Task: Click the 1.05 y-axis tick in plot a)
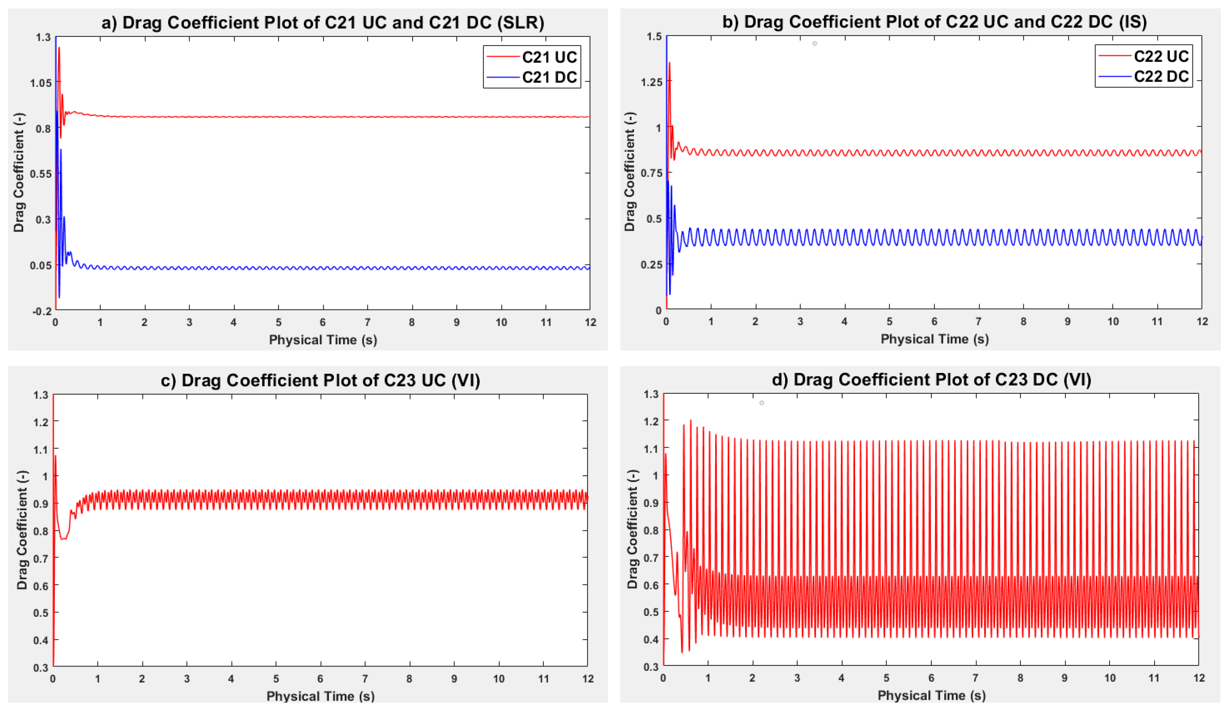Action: click(40, 82)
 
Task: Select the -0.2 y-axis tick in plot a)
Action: click(41, 311)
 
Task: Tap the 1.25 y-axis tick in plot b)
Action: click(651, 81)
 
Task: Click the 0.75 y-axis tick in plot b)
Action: click(651, 173)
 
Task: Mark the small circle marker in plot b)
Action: click(815, 43)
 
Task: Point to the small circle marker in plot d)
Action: click(761, 403)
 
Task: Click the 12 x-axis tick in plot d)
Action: click(1199, 678)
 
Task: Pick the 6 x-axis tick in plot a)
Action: click(322, 322)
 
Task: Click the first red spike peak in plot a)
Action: click(59, 48)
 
